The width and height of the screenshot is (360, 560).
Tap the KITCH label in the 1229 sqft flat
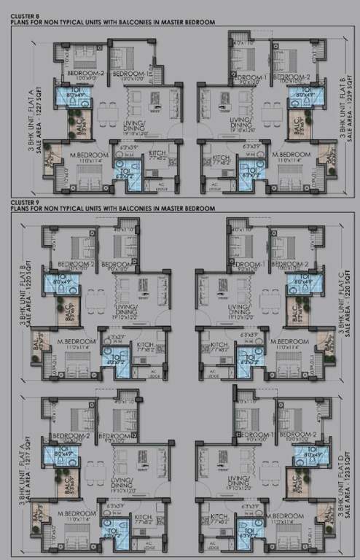(x=221, y=154)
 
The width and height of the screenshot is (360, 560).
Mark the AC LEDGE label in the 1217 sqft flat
(x=152, y=546)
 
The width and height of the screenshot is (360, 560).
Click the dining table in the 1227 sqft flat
(x=108, y=111)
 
